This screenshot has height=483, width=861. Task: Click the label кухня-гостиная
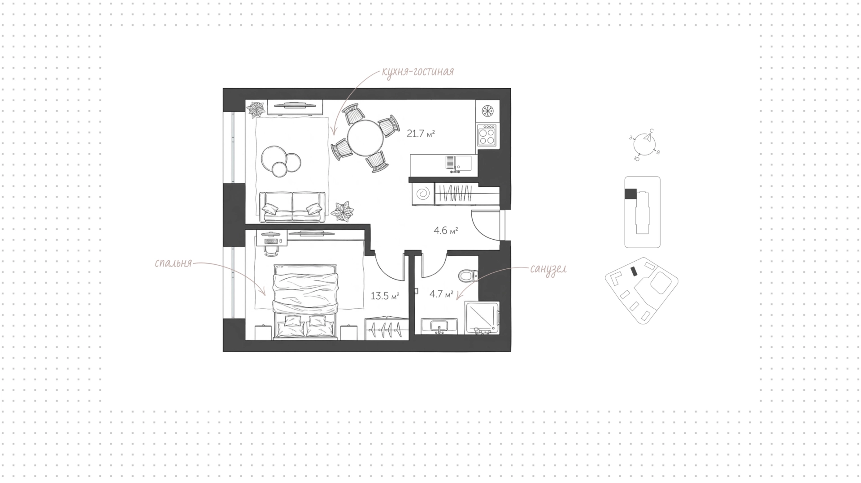(418, 72)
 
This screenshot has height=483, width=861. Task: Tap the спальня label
(173, 263)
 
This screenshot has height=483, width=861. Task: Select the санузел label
(548, 269)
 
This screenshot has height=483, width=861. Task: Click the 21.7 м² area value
(421, 134)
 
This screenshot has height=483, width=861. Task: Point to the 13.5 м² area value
(385, 296)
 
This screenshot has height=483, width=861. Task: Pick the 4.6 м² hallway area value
(445, 231)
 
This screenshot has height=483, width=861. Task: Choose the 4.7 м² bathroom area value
(441, 294)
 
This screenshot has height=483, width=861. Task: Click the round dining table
(365, 138)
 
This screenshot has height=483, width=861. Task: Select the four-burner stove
(487, 135)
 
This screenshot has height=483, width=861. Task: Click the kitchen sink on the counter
(458, 162)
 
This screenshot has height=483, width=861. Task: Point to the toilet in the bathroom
(469, 275)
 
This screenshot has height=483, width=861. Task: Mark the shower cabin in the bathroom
(483, 318)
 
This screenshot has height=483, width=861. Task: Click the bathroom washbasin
(439, 326)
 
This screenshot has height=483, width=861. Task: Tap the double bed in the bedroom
(305, 302)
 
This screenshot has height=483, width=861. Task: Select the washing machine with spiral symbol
(422, 194)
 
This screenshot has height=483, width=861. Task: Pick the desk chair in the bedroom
(271, 249)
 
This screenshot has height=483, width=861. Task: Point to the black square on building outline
(631, 194)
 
